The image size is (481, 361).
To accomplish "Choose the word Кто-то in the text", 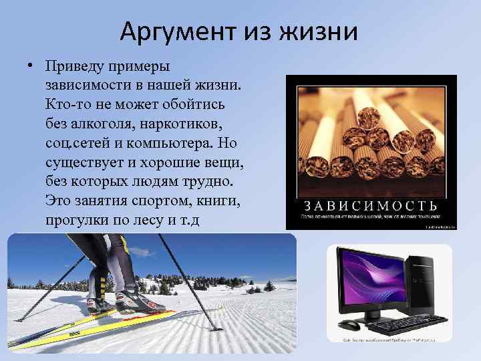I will pos(67,105).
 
